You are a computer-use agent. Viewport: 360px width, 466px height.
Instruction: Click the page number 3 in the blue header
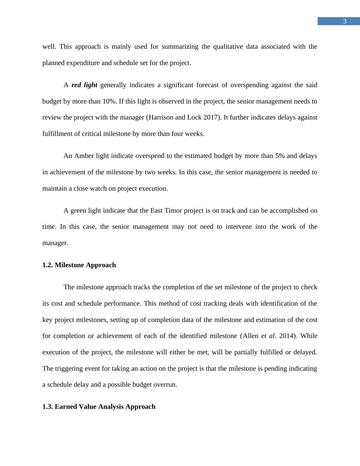pos(345,21)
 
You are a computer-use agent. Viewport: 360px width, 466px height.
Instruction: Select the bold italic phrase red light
pos(84,85)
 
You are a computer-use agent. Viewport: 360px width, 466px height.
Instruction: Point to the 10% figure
pos(109,101)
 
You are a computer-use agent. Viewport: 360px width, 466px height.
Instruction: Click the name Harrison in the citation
pos(161,117)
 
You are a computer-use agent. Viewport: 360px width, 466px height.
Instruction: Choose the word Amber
pos(84,156)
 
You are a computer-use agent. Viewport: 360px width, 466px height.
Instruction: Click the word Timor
pos(173,211)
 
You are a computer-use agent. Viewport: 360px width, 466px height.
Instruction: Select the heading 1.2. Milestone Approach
pos(79,265)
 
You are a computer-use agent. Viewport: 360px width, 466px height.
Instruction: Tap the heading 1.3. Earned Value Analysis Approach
pos(99,407)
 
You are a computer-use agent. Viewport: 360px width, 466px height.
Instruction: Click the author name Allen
pos(250,336)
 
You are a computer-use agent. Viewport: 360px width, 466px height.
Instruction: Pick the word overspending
pos(249,85)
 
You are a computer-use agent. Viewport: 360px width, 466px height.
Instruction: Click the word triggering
pos(69,369)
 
